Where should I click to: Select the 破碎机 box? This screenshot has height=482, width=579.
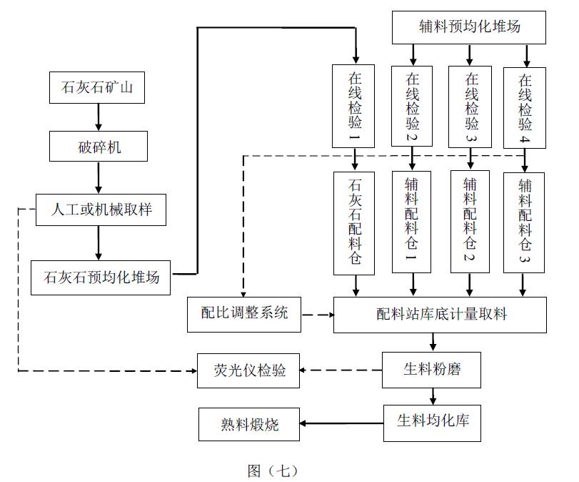click(x=99, y=147)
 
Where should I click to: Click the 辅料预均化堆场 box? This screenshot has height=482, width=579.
click(x=469, y=27)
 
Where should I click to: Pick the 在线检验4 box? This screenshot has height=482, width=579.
click(x=525, y=106)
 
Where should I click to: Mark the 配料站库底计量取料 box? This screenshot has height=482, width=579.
click(x=440, y=314)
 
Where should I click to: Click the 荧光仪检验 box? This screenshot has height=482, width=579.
click(x=249, y=370)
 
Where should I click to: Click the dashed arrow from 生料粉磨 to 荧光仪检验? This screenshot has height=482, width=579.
click(x=341, y=370)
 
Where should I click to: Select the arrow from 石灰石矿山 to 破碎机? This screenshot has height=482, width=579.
click(x=99, y=116)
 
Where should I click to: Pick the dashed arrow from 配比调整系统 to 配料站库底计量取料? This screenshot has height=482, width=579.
click(x=317, y=314)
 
